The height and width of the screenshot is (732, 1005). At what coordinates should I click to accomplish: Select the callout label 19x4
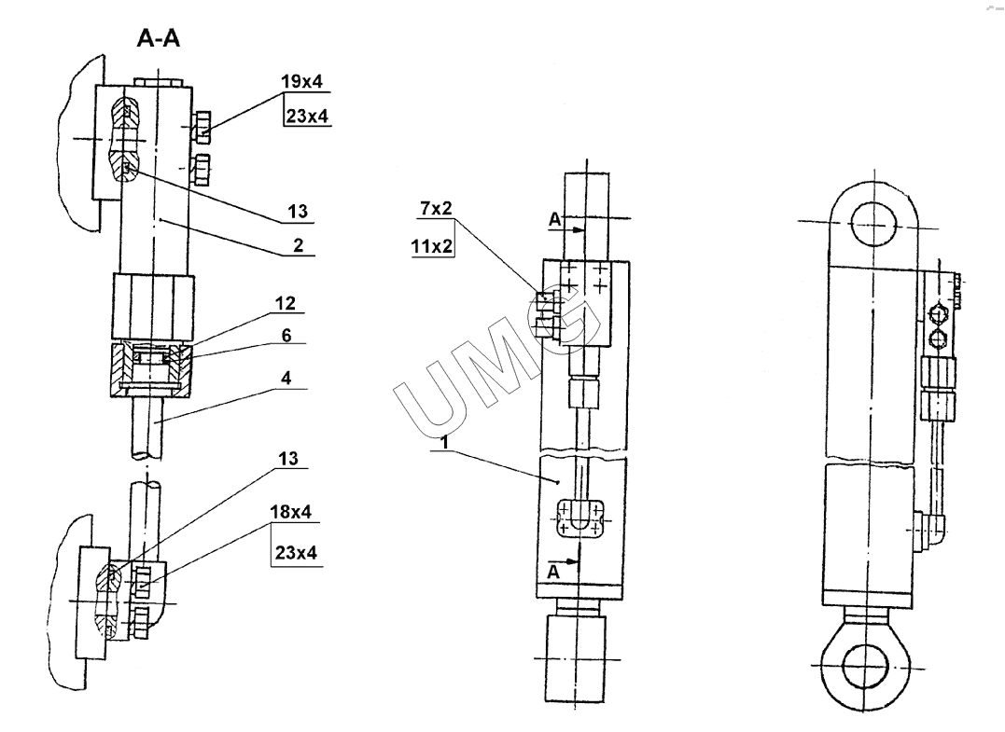click(x=301, y=82)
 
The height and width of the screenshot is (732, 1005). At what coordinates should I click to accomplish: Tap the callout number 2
click(x=297, y=246)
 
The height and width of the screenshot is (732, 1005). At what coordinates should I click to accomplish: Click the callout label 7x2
click(x=436, y=208)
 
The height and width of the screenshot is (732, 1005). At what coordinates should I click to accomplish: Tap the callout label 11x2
click(x=436, y=247)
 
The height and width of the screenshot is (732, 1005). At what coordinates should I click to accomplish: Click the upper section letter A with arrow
click(x=557, y=221)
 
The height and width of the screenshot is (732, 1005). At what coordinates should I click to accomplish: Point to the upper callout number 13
click(x=298, y=213)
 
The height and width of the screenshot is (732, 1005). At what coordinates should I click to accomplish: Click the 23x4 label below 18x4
click(x=296, y=553)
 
